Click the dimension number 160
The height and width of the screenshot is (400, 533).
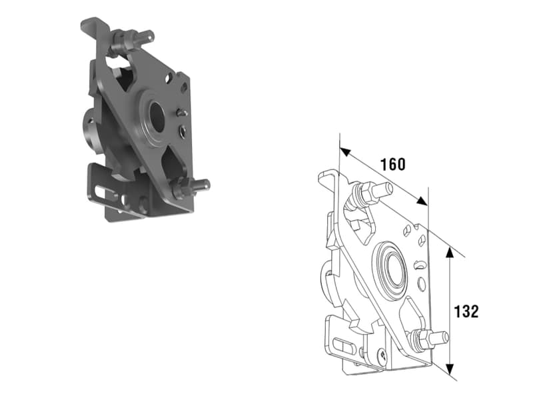[x=392, y=164]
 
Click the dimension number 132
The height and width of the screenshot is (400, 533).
[x=466, y=311]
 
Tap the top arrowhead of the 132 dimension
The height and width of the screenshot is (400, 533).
[x=449, y=253]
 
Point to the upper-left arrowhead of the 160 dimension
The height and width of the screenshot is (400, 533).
[x=345, y=152]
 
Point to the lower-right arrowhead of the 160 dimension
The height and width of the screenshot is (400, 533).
[x=422, y=201]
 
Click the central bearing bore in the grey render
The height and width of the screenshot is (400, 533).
[x=157, y=117]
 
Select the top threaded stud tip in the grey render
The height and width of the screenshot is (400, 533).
[x=148, y=35]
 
